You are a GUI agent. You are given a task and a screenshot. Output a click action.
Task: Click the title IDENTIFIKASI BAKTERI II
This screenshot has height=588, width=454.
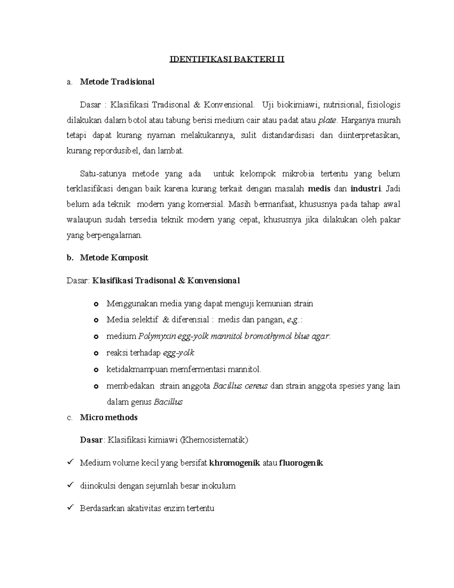click(226, 59)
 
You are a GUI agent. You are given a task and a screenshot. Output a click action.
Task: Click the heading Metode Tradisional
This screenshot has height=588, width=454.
click(117, 82)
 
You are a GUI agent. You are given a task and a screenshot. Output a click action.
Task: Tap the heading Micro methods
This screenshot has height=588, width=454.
click(109, 418)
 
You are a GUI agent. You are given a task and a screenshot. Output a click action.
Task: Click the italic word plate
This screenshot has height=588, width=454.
click(327, 120)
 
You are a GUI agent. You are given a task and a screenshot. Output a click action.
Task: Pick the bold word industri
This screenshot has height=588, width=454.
click(366, 189)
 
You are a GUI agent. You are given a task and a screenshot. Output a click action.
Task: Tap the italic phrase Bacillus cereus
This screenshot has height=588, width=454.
click(240, 386)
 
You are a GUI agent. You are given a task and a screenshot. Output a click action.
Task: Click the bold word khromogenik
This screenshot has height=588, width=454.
click(235, 463)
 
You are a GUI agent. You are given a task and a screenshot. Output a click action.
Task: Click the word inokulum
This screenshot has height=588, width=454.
click(218, 486)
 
